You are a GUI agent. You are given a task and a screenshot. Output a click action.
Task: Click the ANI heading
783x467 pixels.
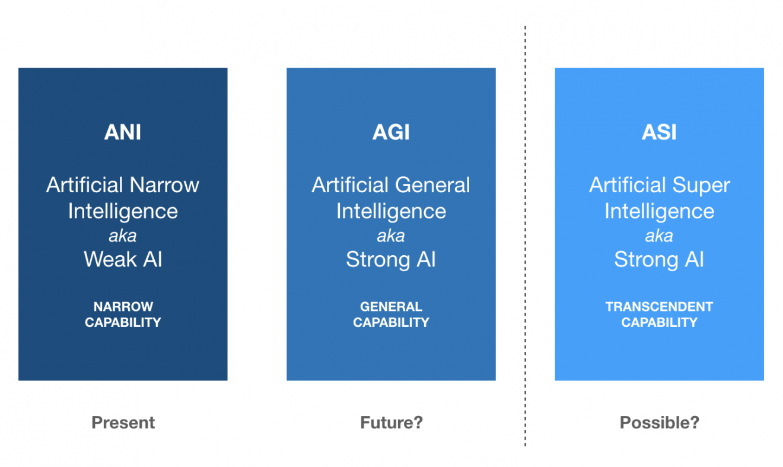[x=123, y=132]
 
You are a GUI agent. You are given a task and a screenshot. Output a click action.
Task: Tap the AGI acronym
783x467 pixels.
[x=391, y=132]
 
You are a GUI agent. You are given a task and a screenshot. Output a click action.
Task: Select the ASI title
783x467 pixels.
[x=659, y=132]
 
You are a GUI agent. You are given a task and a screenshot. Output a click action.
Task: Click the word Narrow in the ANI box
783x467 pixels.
[x=164, y=185]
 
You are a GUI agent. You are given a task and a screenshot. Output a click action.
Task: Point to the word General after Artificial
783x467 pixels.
[x=432, y=185]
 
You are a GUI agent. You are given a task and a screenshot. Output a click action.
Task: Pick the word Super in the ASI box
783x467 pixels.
[x=701, y=185]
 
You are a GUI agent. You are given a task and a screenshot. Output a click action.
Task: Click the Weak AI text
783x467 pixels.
[x=123, y=259]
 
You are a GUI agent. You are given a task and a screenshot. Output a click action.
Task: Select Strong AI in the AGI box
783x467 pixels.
[x=391, y=260]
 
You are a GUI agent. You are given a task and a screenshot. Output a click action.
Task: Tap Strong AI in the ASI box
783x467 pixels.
[x=659, y=260]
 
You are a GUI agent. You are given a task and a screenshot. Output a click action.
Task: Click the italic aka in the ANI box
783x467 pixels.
[x=123, y=236]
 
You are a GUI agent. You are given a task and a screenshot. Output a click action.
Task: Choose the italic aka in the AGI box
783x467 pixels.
[x=391, y=236]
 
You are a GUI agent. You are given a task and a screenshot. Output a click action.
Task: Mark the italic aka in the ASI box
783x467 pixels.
[x=659, y=236]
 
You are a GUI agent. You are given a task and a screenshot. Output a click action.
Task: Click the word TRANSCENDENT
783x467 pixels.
[x=659, y=307]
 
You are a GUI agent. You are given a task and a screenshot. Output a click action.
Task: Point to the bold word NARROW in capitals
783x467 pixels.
[x=123, y=307]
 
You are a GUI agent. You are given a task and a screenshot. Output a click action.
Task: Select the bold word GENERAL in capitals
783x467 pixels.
[x=391, y=307]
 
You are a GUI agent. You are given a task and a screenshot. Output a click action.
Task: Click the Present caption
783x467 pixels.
[x=123, y=422]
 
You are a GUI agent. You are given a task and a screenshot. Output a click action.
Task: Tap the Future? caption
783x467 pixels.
[x=391, y=422]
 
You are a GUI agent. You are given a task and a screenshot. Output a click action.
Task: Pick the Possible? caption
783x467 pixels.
[x=659, y=422]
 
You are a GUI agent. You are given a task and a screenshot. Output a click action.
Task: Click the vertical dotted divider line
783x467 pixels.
[x=525, y=236]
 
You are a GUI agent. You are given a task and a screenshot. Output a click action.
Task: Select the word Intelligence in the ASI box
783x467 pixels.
[x=659, y=212]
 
